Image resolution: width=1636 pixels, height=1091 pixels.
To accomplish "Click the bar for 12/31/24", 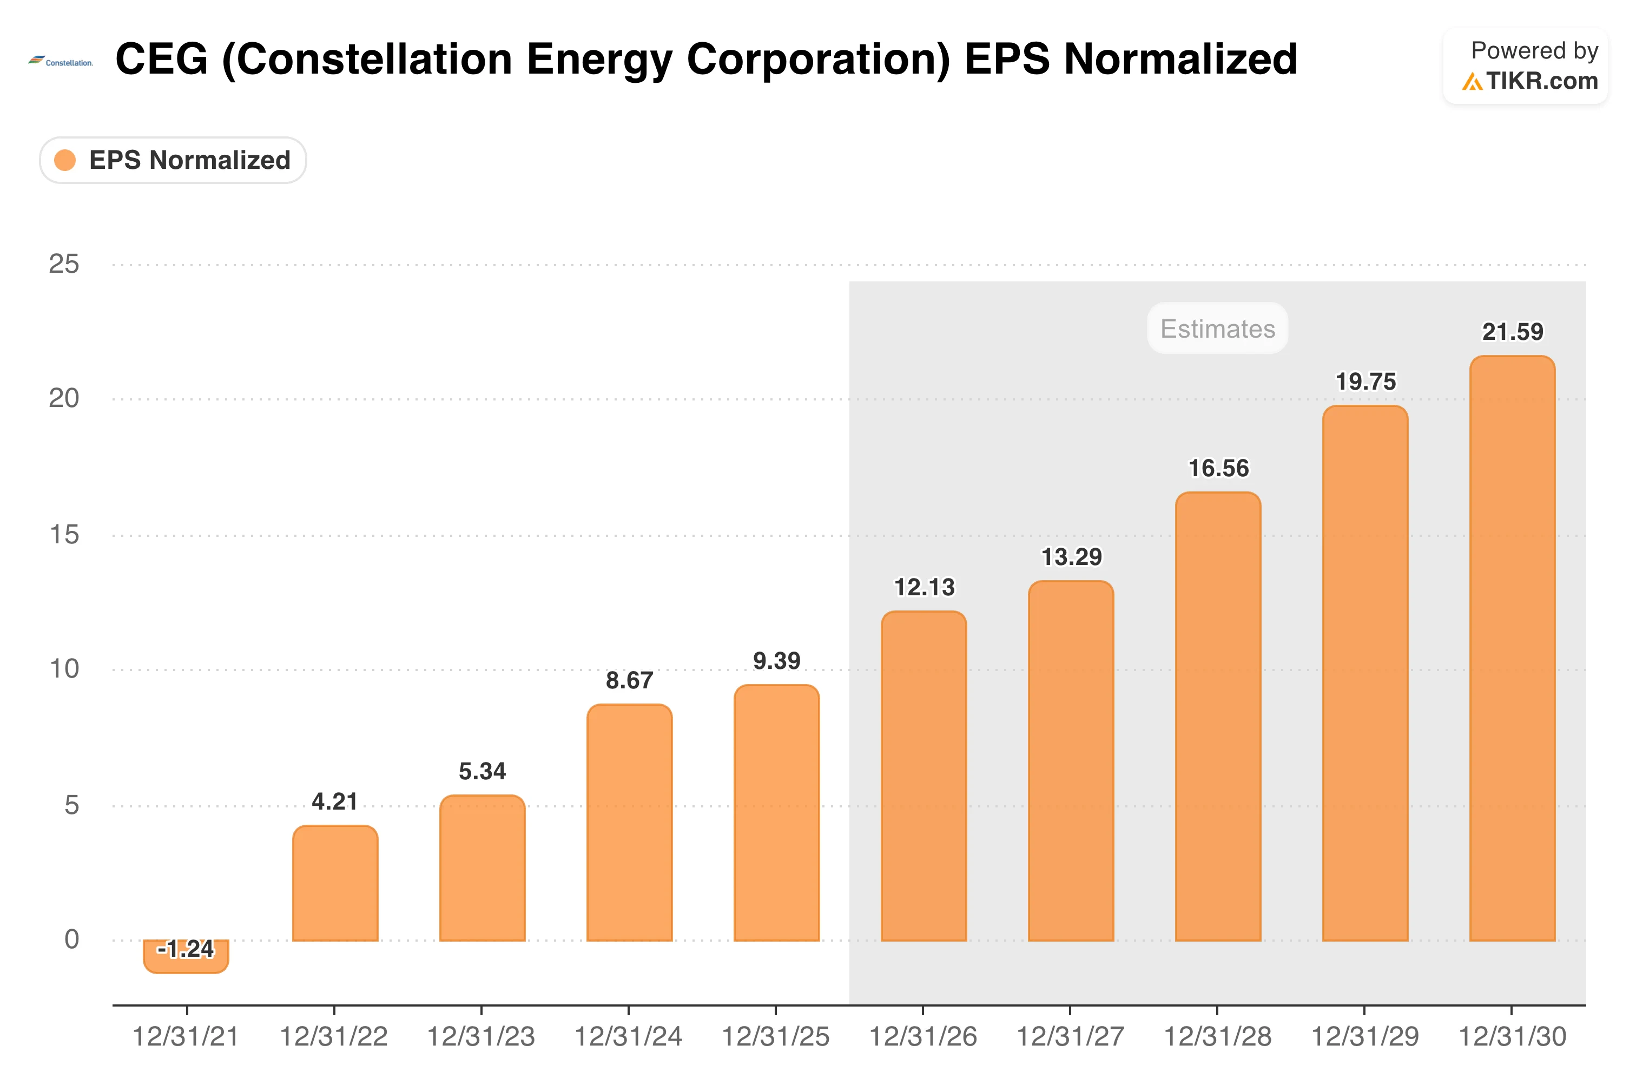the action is [x=630, y=823].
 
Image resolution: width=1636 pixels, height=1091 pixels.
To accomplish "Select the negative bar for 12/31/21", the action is [x=186, y=957].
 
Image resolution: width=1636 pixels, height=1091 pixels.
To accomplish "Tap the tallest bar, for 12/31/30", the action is [x=1512, y=648].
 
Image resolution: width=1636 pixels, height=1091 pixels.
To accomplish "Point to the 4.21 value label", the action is [x=334, y=801].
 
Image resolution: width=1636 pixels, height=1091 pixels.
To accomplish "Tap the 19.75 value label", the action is [x=1365, y=382].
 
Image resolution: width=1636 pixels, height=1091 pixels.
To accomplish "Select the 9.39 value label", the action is [x=777, y=660].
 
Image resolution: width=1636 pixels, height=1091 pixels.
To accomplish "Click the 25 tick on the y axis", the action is [x=64, y=265].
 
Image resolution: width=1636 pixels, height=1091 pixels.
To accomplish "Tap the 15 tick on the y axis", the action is [x=64, y=535].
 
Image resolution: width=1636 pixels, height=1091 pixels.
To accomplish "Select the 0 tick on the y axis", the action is [x=71, y=939].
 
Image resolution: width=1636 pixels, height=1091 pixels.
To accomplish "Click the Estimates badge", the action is [x=1218, y=328].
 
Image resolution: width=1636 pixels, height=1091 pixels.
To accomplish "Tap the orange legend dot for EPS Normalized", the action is [x=65, y=160].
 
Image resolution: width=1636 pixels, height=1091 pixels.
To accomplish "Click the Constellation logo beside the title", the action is [x=61, y=62].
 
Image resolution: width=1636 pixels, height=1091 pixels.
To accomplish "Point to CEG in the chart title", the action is [x=161, y=58].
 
